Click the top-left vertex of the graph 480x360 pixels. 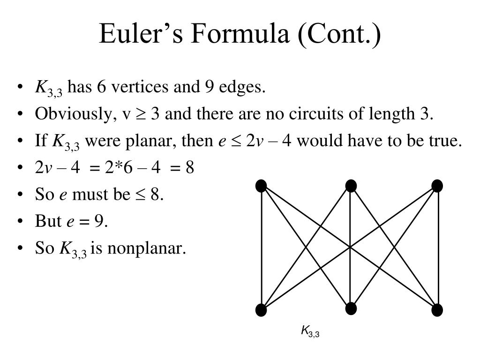pos(261,186)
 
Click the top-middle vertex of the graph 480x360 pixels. pos(351,186)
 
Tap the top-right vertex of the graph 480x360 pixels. pos(437,186)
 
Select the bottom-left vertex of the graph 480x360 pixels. pos(261,310)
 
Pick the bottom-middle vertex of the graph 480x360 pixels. pos(351,308)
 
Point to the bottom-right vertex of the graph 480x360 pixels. pos(437,310)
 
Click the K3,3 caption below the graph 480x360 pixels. pos(310,332)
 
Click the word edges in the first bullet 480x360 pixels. pos(245,87)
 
